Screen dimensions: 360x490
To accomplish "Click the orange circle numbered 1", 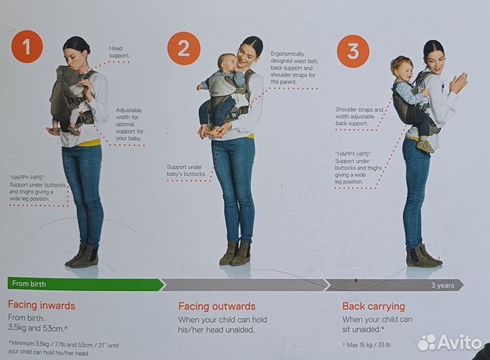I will [27, 47].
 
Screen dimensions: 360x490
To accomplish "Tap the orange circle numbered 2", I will [184, 48].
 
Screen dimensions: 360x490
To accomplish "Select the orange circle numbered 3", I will [353, 51].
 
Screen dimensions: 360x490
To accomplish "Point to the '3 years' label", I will [442, 285].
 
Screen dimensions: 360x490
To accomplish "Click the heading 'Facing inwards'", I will [42, 306].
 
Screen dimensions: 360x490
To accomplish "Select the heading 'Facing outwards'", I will [216, 306].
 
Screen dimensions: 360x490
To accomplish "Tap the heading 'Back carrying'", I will [373, 306].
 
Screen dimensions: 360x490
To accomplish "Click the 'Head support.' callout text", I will [119, 52].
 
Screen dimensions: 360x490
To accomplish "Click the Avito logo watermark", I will [450, 342].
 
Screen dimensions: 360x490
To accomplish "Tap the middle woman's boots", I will [235, 254].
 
